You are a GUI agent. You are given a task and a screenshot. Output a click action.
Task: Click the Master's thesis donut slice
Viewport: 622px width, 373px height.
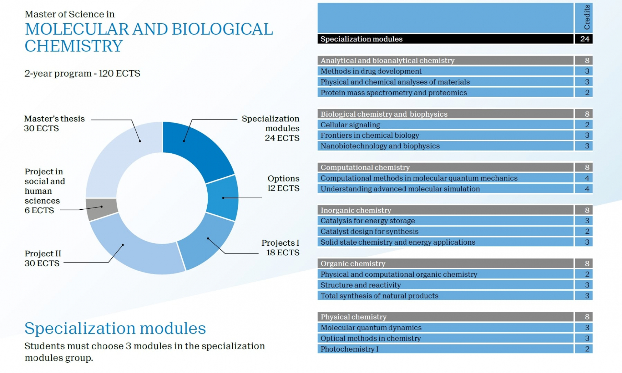[123, 156]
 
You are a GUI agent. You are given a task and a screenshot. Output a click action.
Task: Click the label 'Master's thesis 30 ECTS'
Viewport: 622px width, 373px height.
[54, 123]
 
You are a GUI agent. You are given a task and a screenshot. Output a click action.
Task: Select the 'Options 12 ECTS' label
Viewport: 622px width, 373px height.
[283, 183]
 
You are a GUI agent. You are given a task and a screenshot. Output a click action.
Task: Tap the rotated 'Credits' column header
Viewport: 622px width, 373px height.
[587, 17]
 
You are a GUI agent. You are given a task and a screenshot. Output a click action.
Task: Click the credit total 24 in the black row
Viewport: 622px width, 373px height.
[584, 39]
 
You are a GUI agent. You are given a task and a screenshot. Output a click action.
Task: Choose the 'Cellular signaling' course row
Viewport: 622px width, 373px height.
[350, 125]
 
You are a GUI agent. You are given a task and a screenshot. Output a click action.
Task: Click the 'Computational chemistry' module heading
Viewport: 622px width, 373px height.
[365, 167]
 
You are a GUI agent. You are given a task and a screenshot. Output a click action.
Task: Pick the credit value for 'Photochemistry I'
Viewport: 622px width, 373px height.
[587, 349]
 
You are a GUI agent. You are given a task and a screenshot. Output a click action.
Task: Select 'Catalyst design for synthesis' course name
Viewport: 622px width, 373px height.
[369, 231]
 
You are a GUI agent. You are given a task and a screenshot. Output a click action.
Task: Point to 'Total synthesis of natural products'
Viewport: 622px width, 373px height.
[379, 296]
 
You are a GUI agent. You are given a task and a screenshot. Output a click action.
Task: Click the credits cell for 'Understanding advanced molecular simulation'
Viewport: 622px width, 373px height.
[587, 189]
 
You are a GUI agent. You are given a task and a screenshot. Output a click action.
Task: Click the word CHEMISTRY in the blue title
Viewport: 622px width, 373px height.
[74, 46]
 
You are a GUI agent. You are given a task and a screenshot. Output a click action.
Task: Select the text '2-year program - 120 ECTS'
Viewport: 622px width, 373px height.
[82, 74]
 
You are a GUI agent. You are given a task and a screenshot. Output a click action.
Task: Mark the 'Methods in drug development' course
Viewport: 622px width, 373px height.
[371, 71]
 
